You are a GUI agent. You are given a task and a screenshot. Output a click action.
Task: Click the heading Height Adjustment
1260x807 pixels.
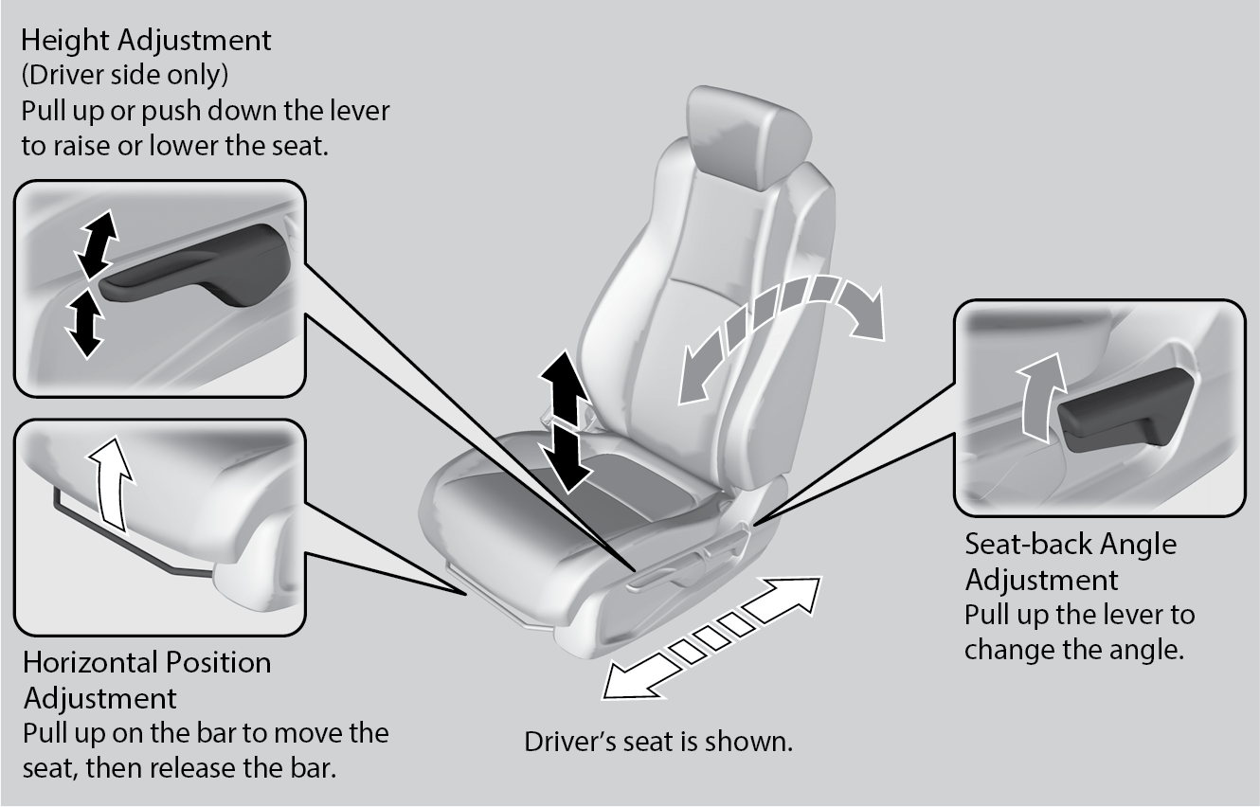tap(146, 41)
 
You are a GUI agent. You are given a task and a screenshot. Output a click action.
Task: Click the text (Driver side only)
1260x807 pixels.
tap(124, 75)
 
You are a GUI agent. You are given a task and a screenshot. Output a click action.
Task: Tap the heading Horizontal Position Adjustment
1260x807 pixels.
tap(147, 679)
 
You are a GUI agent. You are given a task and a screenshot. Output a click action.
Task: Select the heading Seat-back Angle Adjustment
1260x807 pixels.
tap(1071, 561)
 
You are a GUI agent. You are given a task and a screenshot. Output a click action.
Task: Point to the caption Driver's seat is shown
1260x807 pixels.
tap(658, 741)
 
